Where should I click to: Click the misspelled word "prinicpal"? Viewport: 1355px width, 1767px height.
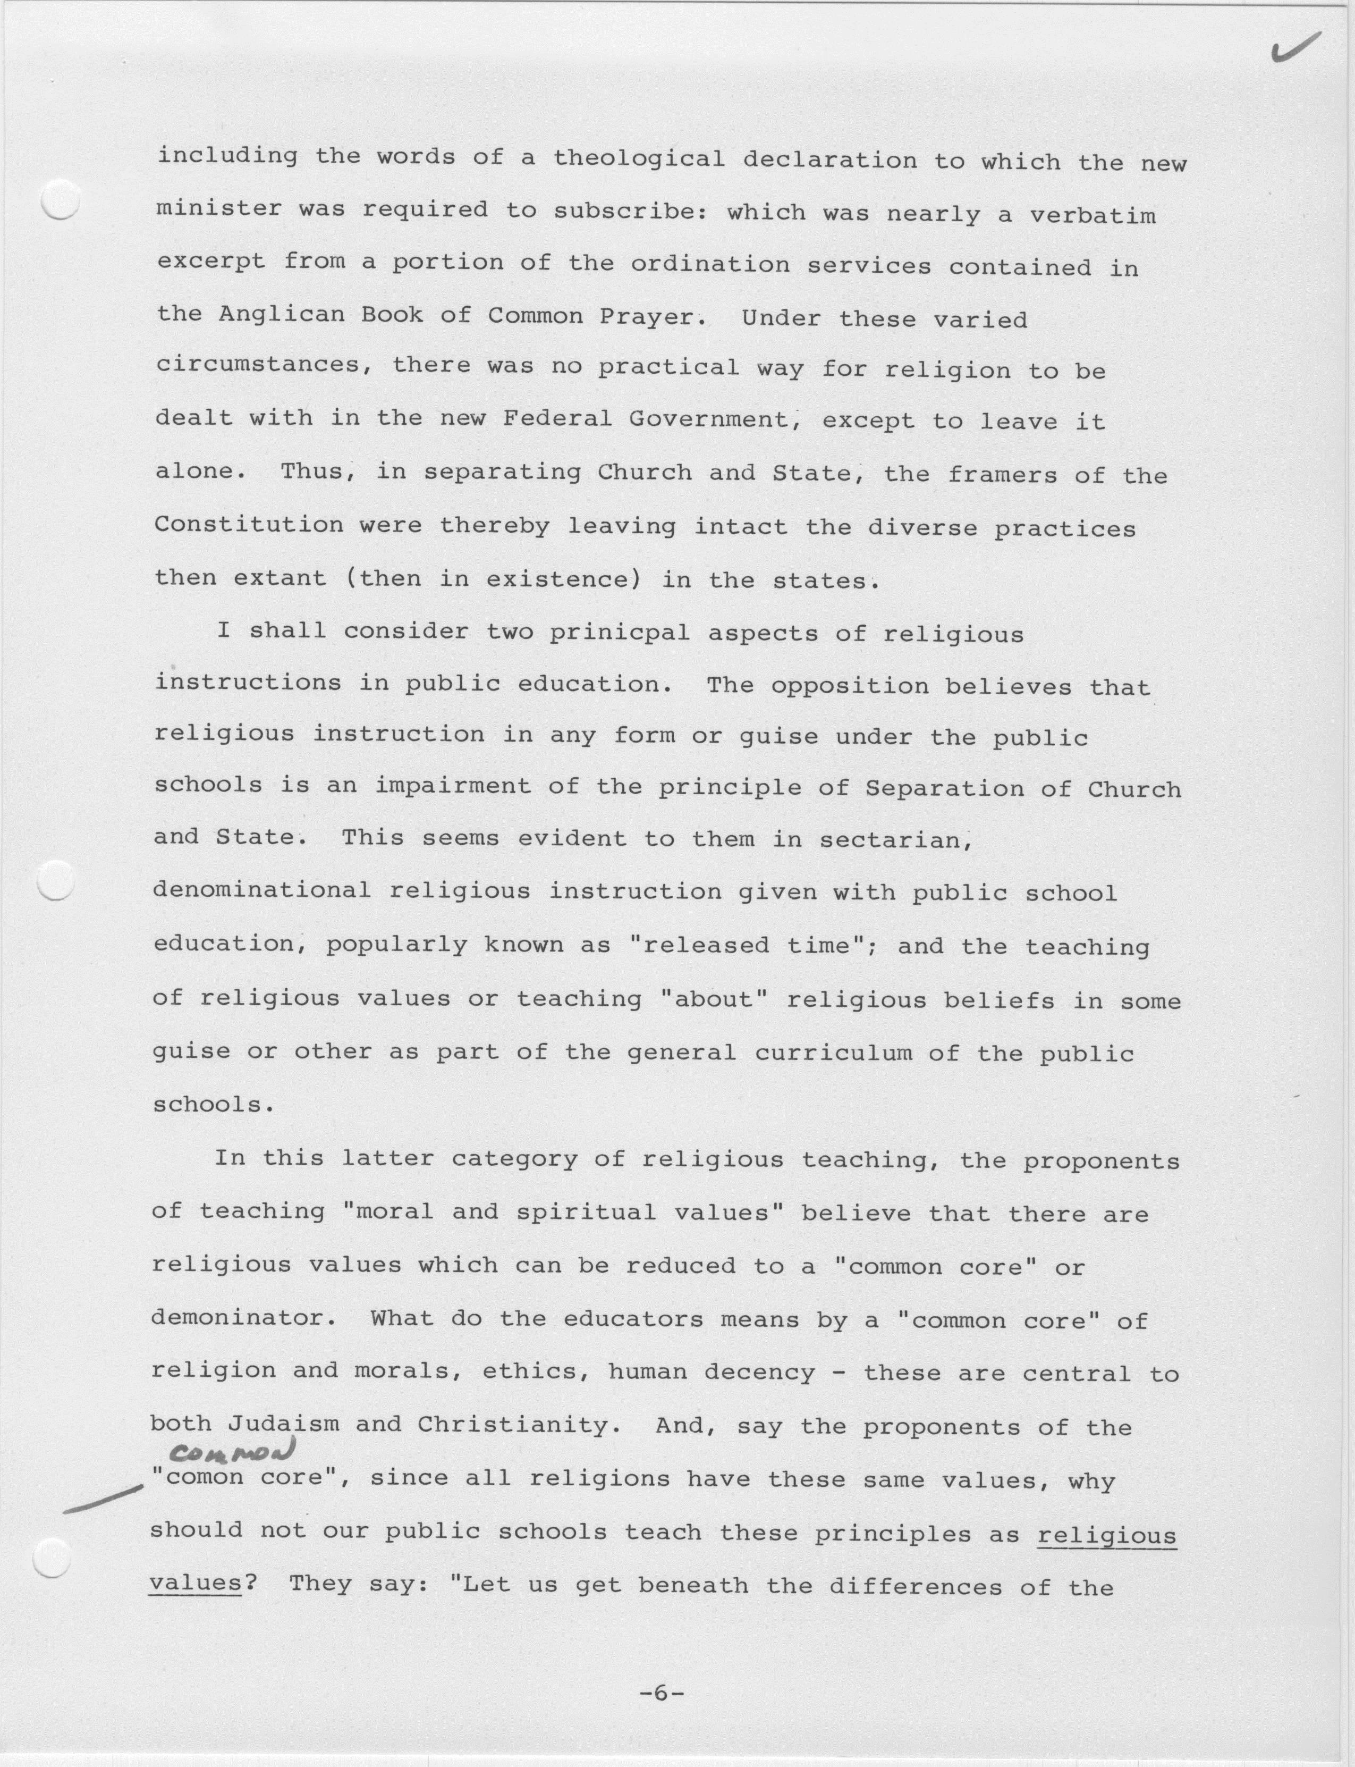pyautogui.click(x=620, y=632)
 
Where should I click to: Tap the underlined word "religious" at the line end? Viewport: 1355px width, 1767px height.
pyautogui.click(x=1106, y=1533)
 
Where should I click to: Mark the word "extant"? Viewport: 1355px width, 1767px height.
pyautogui.click(x=280, y=578)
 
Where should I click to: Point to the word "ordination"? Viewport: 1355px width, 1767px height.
pyautogui.click(x=710, y=265)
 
